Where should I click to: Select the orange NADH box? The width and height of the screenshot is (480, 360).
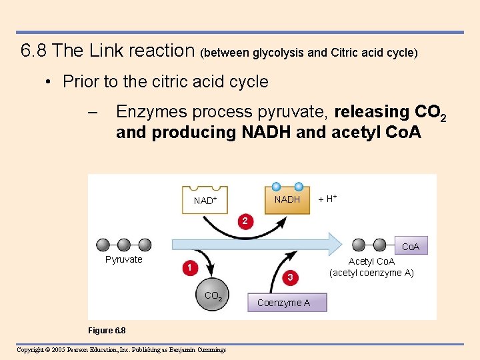[287, 199]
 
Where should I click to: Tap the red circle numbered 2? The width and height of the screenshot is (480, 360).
[245, 221]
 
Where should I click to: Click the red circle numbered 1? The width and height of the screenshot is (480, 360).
[190, 268]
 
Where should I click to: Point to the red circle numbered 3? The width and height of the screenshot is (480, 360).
[290, 276]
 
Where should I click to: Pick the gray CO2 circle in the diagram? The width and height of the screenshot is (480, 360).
[213, 296]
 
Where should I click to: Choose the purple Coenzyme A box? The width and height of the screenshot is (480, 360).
[283, 303]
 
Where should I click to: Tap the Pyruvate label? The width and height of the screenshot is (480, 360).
[124, 259]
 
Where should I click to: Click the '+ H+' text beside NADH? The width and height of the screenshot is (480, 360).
[327, 199]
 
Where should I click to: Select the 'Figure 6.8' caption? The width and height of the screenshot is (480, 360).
[107, 331]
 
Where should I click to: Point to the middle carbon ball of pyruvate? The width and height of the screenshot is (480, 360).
[123, 245]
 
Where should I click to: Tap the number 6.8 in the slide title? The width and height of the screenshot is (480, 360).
[33, 51]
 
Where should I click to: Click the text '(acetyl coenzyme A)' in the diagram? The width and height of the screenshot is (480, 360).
[371, 273]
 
